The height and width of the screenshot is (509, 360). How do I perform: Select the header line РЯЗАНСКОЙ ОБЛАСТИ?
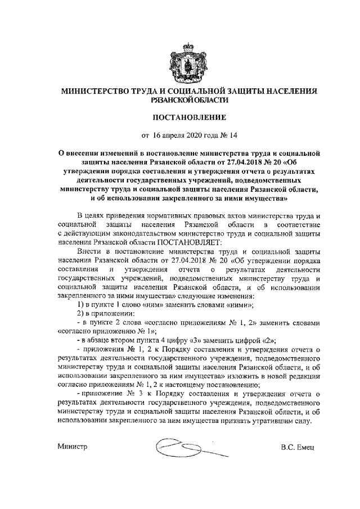(x=180, y=100)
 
